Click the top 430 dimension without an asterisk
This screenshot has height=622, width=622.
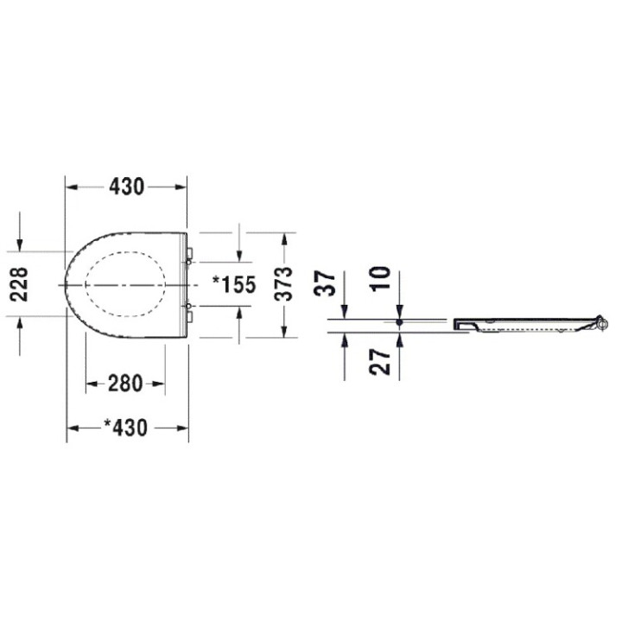126,187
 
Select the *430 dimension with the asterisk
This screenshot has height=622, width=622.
128,428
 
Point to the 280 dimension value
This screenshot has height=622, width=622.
125,383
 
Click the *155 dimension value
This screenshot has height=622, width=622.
234,284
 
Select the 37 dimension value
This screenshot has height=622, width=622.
325,282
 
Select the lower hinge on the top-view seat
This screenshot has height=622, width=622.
189,307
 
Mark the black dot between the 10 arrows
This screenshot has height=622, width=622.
399,323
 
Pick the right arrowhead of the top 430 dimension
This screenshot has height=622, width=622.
182,187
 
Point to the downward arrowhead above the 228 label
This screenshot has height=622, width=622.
20,244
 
